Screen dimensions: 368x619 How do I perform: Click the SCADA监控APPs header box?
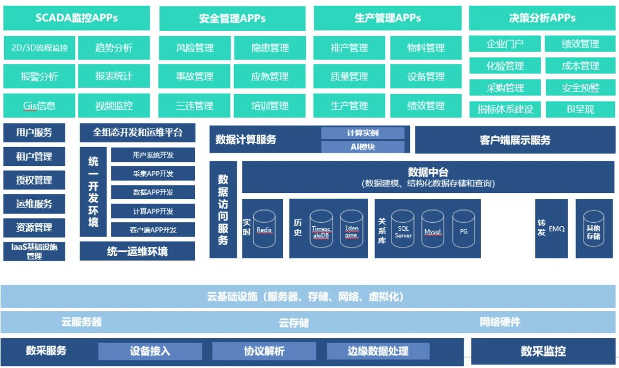click(x=76, y=18)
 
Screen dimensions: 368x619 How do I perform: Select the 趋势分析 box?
click(x=113, y=48)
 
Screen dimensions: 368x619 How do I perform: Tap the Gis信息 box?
click(x=40, y=106)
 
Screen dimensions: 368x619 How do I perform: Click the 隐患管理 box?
click(x=270, y=48)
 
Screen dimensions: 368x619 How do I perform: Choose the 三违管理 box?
click(x=194, y=106)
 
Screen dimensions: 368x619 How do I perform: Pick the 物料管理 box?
click(x=426, y=48)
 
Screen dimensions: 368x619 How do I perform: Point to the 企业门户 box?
click(x=504, y=44)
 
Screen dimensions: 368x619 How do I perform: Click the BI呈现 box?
click(x=581, y=109)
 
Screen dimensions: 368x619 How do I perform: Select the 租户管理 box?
click(x=34, y=156)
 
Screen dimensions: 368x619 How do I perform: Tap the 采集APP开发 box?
click(x=153, y=173)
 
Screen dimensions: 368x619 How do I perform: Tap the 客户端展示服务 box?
click(x=515, y=140)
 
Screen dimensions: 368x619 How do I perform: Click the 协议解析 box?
click(x=264, y=351)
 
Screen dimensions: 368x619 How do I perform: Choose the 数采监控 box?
click(x=542, y=351)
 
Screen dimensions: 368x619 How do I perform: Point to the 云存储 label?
click(x=293, y=323)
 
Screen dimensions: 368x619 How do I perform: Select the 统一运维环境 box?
click(x=137, y=251)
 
